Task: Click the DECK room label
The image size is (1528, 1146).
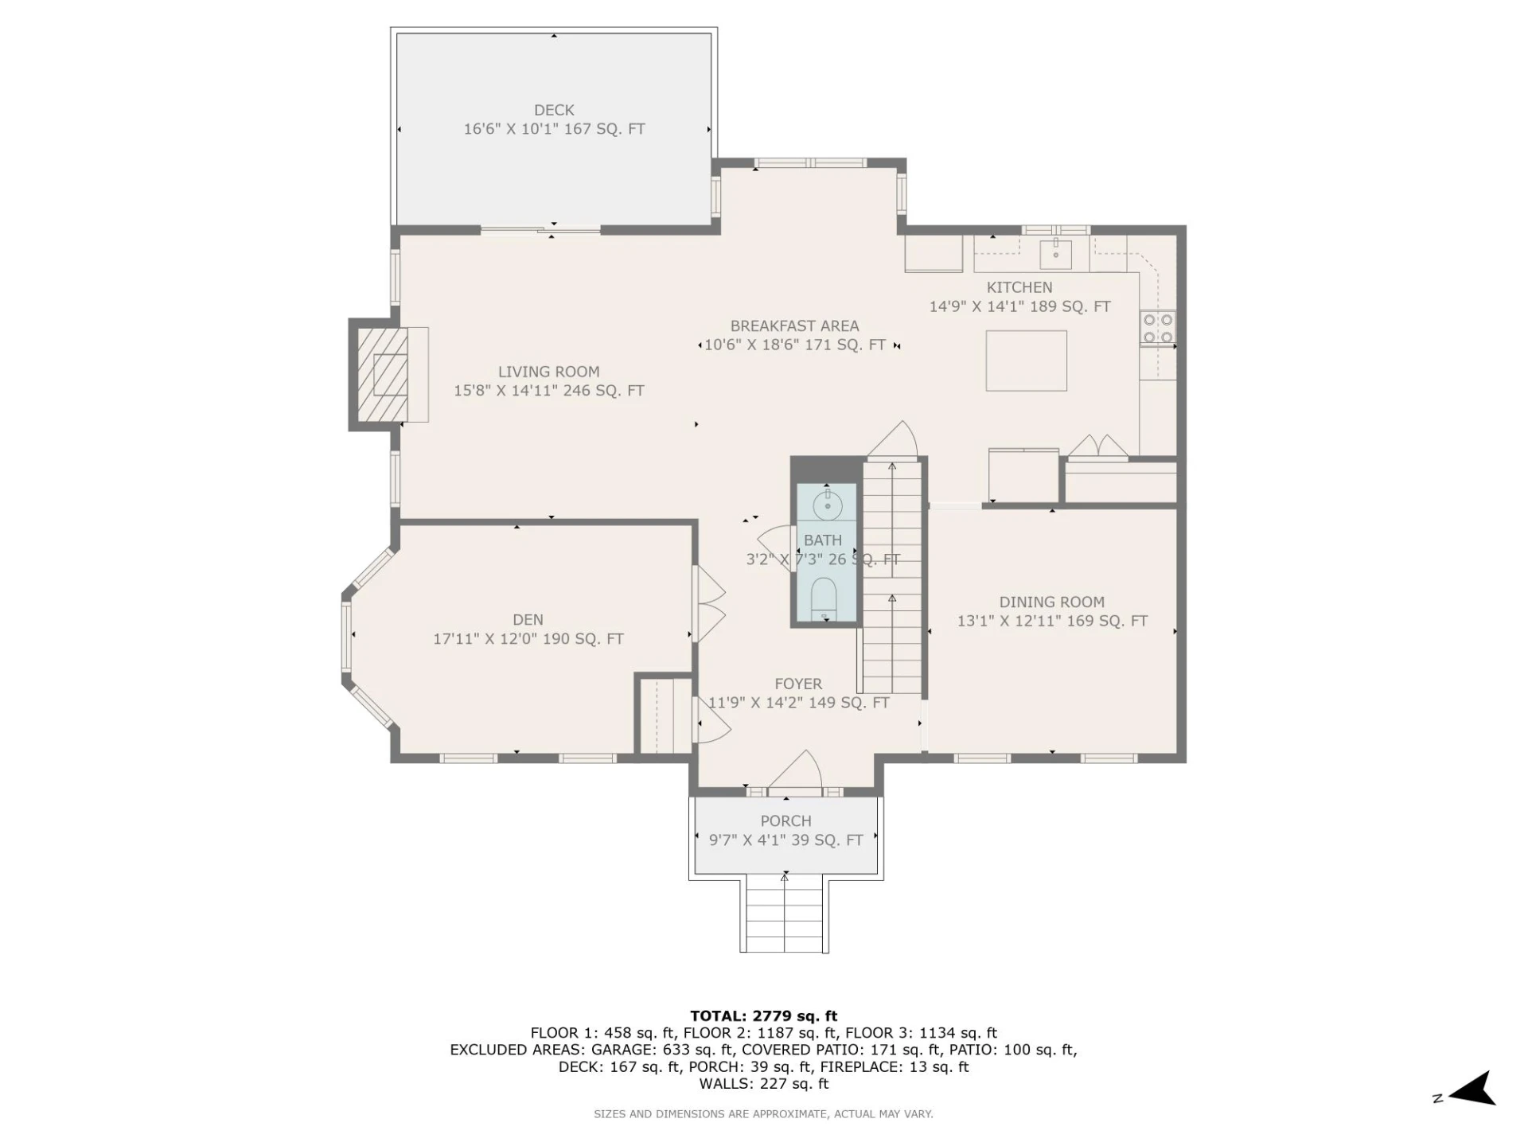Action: point(554,111)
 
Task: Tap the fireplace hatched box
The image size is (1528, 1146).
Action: point(382,375)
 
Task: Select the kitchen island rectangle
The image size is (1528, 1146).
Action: point(1026,361)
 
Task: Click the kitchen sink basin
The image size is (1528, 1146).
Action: point(1056,254)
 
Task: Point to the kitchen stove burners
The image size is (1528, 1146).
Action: point(1158,329)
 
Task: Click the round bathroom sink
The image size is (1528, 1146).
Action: point(828,505)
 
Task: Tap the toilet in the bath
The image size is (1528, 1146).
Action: point(824,598)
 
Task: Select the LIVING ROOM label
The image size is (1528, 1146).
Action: point(548,372)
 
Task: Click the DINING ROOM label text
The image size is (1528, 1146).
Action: point(1051,602)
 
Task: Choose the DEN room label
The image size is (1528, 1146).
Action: point(528,620)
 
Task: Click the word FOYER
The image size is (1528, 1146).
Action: point(798,684)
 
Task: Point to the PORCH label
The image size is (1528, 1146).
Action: point(785,821)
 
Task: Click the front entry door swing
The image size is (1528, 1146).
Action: point(796,772)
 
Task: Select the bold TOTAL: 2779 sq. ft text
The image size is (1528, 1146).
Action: point(763,1016)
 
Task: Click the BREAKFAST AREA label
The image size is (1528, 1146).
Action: point(794,326)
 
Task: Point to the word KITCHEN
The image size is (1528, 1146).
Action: point(1019,288)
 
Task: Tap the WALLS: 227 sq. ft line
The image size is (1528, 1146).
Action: point(763,1084)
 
